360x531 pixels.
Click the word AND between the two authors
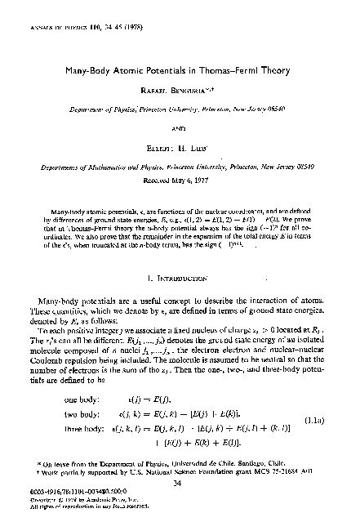180,128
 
